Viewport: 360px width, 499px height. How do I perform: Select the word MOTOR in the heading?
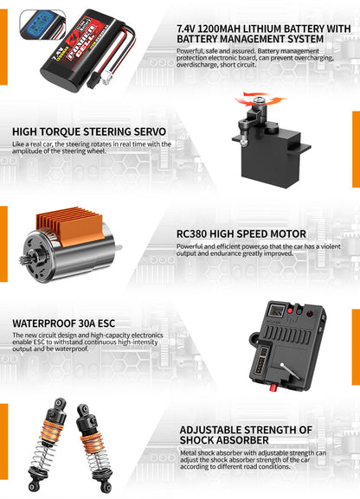click(285, 234)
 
